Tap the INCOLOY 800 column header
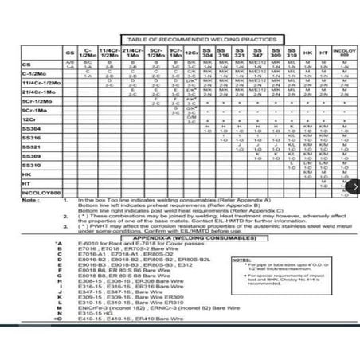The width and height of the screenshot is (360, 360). (x=343, y=53)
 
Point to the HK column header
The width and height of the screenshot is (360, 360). (x=307, y=53)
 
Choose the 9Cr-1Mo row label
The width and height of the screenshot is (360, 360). (x=35, y=110)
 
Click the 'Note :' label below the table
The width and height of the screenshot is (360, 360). (x=31, y=201)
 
